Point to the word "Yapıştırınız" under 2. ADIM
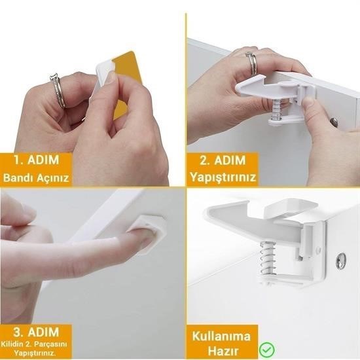pos(223,177)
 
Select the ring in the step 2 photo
pos(251,62)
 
